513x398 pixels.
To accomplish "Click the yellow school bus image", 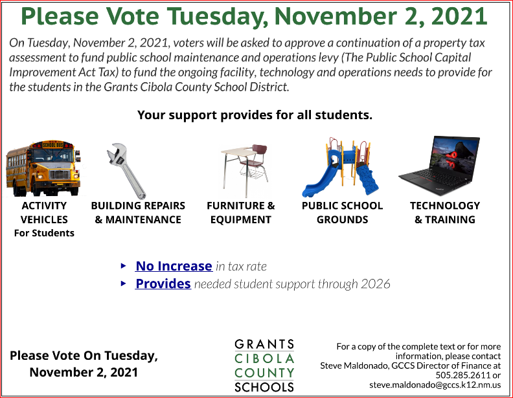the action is point(43,168).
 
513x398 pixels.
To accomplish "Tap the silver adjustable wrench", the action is point(126,171).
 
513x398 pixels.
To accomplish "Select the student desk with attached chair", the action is point(245,169).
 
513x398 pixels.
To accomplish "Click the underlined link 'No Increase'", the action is point(174,266).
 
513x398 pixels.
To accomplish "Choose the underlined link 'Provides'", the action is point(163,283).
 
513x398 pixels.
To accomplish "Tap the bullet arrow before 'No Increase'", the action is point(123,266).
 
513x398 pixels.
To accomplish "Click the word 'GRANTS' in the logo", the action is point(264,344).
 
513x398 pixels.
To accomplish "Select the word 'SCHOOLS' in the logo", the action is point(264,387).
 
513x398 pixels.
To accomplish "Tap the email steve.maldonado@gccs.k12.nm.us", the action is point(435,384).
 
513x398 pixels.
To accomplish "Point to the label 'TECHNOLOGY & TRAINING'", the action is point(445,212).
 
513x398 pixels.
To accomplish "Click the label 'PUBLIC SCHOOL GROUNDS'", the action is point(342,212).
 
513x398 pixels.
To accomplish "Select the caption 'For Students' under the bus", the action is point(44,233).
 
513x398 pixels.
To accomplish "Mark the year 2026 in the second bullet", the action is point(376,284).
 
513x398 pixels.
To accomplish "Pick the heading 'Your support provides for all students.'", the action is point(255,115).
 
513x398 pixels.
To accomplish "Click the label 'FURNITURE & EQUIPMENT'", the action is point(241,212).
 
